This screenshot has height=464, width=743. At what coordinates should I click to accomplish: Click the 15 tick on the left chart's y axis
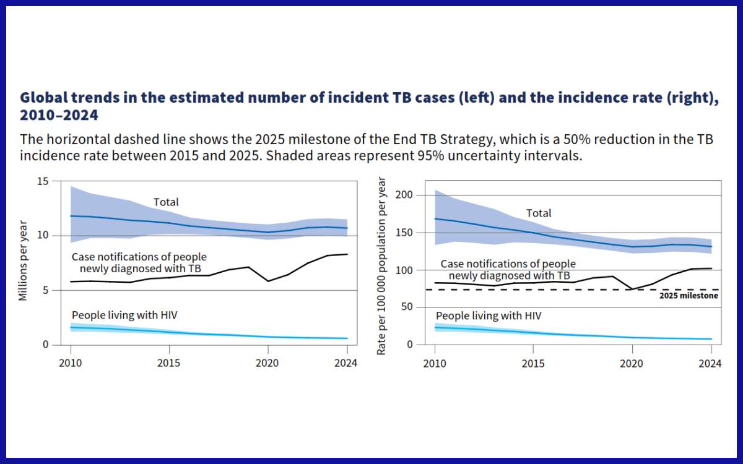click(43, 181)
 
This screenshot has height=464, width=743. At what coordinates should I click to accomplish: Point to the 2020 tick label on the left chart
click(267, 363)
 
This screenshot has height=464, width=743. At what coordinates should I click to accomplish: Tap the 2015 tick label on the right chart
click(533, 363)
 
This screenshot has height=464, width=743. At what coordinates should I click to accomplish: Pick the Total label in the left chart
click(166, 202)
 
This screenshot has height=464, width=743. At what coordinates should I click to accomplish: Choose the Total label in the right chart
click(539, 213)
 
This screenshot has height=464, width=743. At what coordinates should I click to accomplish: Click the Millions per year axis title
click(24, 260)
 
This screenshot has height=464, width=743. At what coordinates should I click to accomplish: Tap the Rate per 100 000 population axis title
click(382, 266)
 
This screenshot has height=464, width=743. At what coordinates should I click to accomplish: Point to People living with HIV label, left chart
click(124, 315)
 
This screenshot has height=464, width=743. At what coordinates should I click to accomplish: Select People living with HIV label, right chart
click(489, 316)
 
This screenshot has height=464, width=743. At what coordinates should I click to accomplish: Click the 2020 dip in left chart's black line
click(267, 281)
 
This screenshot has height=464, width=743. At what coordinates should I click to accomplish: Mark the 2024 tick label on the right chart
click(710, 363)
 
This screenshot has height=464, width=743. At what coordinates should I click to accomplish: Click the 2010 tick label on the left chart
click(71, 363)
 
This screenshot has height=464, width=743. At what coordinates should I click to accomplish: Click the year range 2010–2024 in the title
click(59, 115)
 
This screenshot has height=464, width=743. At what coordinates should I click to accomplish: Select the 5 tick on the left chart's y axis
click(45, 290)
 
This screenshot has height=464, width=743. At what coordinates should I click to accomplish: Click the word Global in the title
click(44, 98)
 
